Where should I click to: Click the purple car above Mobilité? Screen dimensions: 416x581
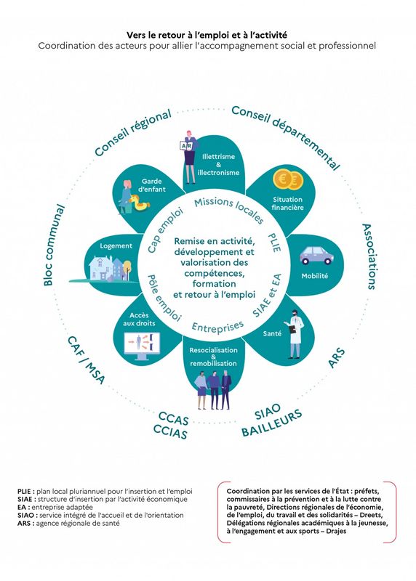coord(316,256)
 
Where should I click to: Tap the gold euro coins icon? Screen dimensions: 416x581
coord(288,180)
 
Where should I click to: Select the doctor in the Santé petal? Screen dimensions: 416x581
coord(295,334)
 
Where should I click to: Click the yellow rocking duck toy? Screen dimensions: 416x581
coord(139,203)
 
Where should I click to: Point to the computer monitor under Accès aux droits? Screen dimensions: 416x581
coord(141,346)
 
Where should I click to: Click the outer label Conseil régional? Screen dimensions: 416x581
coord(132,133)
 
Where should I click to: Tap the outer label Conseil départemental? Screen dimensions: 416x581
coord(285,137)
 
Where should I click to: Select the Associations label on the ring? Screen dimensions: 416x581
coord(369,256)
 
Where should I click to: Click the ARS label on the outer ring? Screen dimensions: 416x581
coord(336,358)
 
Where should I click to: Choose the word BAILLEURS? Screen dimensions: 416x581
coord(272,423)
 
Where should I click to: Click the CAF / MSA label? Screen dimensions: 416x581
coord(86,359)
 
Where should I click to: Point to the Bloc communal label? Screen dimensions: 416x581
coord(54,245)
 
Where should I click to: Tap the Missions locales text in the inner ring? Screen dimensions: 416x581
coord(229,210)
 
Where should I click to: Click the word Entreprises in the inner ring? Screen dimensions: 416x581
coord(218,326)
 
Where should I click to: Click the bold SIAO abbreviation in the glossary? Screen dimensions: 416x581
coord(25,516)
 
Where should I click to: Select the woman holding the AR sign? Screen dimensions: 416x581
coord(189,157)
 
